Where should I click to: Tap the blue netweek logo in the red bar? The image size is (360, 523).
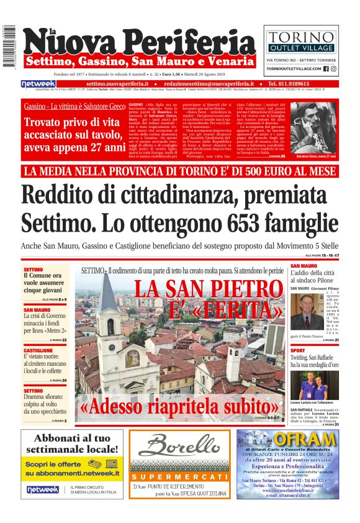click(x=38, y=83)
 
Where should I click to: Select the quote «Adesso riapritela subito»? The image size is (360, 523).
click(x=181, y=407)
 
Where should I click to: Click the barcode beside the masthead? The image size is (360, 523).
click(x=9, y=47)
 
